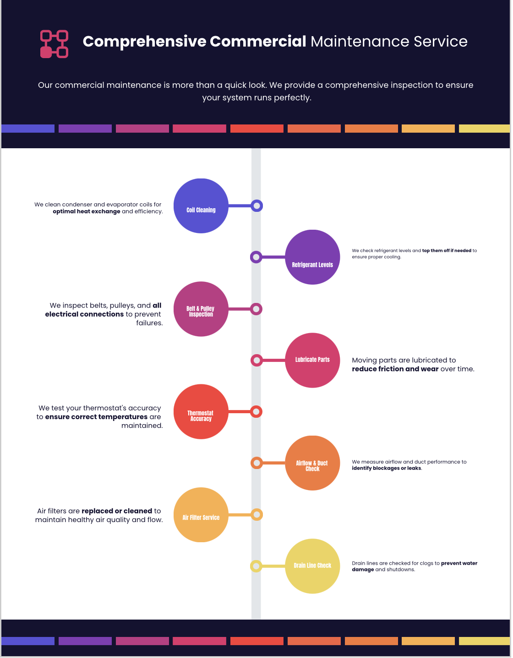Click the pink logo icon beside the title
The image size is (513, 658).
tap(54, 44)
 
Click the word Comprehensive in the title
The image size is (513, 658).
tap(145, 42)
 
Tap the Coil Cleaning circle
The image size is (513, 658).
tap(201, 206)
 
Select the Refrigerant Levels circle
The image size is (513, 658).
tap(312, 257)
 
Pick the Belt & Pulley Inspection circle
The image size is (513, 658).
tap(201, 309)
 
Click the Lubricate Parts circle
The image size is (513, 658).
tap(312, 360)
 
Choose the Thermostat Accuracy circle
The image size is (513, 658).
tap(201, 412)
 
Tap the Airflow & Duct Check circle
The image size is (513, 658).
tap(312, 463)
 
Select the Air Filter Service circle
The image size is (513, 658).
tap(201, 515)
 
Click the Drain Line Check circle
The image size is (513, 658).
tap(312, 566)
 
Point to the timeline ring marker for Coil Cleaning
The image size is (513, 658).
tap(256, 206)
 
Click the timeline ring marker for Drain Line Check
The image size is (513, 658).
tap(256, 566)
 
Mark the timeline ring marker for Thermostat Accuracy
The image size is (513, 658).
tap(256, 412)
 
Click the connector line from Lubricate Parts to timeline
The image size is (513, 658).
tap(274, 360)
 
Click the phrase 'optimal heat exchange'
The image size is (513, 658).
tap(87, 211)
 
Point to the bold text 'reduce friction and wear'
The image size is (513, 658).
tap(395, 369)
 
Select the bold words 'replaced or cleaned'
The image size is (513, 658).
tap(117, 511)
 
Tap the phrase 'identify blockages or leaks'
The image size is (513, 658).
tap(387, 468)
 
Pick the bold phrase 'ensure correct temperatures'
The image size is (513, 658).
tap(96, 417)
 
